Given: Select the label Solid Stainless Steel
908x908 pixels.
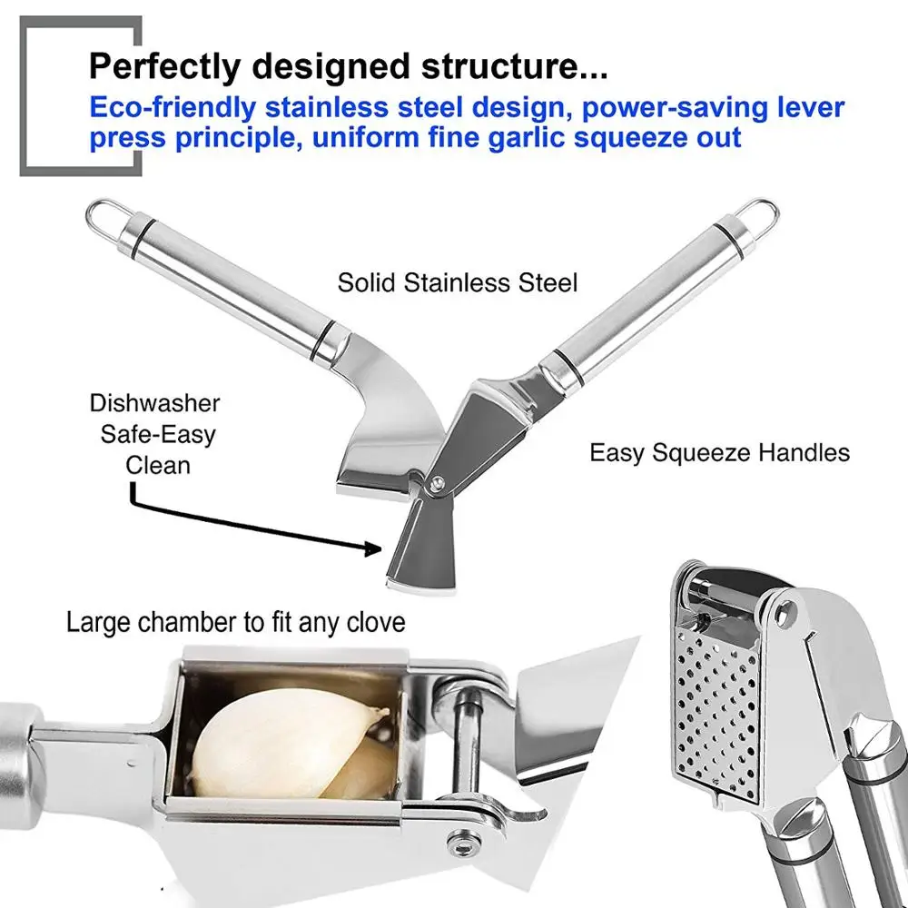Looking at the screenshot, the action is point(458,282).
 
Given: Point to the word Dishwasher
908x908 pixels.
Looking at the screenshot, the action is point(154,403).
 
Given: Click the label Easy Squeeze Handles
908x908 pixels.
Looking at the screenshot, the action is point(719,452).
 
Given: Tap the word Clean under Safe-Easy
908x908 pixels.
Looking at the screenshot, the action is point(158,465).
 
